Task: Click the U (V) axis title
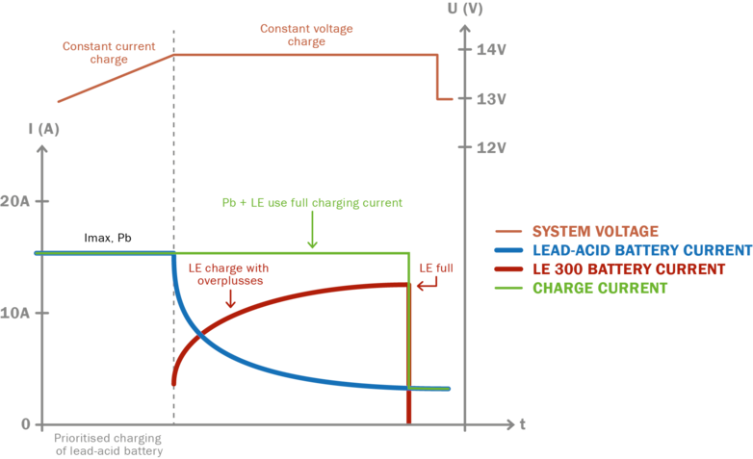[x=465, y=9]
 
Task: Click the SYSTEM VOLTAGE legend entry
[x=594, y=232]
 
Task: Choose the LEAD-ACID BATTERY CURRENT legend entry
[x=641, y=250]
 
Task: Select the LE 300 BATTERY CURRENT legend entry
[x=628, y=269]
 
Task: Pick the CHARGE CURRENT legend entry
[x=599, y=288]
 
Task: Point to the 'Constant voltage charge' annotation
[x=306, y=36]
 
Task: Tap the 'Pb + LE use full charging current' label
[x=312, y=204]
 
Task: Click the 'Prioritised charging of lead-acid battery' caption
[x=108, y=444]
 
